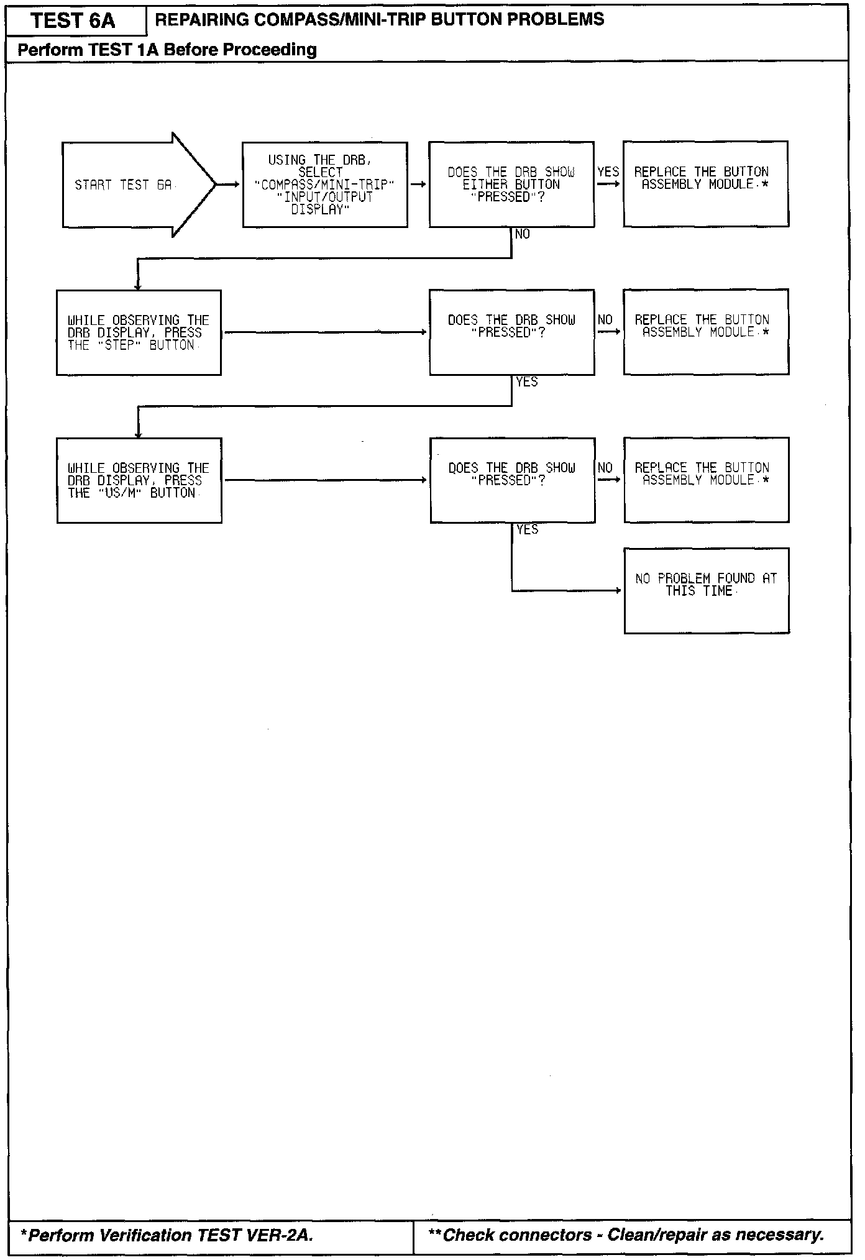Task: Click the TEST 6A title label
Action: pos(73,21)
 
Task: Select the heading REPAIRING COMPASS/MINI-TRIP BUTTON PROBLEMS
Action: pos(379,20)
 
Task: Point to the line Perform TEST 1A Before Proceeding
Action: pos(167,50)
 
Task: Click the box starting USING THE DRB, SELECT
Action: pos(324,185)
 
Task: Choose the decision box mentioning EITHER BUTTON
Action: pos(511,185)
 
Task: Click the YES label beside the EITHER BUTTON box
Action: pos(608,171)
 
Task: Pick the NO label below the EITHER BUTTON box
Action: pos(523,234)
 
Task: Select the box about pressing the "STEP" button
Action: pos(139,332)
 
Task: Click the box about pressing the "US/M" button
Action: pos(139,480)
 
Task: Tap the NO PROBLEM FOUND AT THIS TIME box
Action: pos(706,590)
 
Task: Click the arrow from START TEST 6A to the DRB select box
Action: pos(229,185)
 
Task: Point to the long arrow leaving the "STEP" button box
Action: pos(324,332)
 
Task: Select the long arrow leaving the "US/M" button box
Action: pos(324,480)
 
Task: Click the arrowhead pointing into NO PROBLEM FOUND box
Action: pos(618,590)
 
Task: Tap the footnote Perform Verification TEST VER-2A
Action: pos(167,1235)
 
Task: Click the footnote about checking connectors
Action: pos(626,1235)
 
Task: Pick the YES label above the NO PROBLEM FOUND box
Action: pos(527,529)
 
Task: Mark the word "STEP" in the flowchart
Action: pos(119,345)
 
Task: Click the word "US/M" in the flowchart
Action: pos(119,493)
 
